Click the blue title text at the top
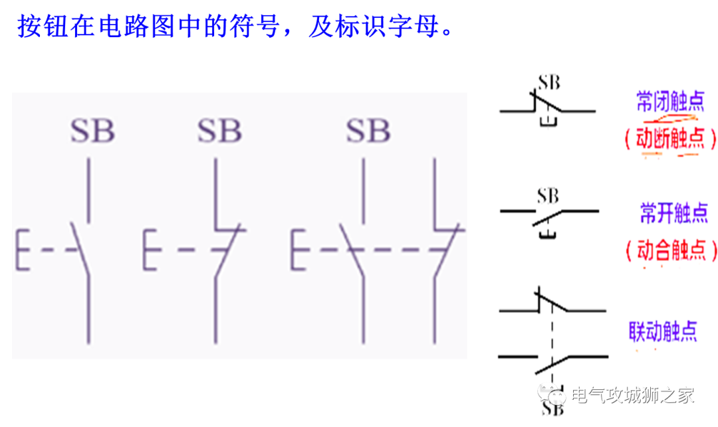click(235, 27)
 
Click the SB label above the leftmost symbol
click(92, 131)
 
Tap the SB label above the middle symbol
click(219, 131)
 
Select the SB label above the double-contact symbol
click(368, 131)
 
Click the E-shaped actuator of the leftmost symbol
click(23, 250)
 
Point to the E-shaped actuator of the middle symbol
click(150, 250)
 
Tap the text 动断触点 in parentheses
click(670, 139)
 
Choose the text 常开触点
click(673, 213)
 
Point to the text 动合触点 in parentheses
click(671, 250)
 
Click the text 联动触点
click(663, 331)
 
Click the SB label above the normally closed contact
click(549, 82)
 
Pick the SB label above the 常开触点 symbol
click(548, 196)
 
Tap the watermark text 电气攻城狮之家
click(632, 396)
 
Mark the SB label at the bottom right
click(552, 409)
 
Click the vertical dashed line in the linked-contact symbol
click(552, 335)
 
